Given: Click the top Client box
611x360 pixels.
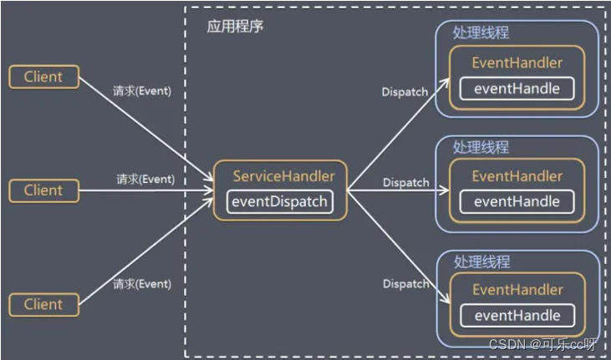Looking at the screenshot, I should pos(43,77).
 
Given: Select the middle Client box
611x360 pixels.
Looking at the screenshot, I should pos(43,190).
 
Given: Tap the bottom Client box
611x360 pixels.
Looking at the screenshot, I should pos(43,303).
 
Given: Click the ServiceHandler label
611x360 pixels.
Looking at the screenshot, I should pos(283,176).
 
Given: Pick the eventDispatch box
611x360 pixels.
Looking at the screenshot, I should pos(279,201).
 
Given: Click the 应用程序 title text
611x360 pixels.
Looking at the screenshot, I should pos(237,26).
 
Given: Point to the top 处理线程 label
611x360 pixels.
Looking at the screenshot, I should pos(481,33).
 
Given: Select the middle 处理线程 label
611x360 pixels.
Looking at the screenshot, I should pos(481,147).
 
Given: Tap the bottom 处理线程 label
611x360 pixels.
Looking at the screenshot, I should pos(481,261).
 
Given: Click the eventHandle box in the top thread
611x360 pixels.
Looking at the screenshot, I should pos(517,88).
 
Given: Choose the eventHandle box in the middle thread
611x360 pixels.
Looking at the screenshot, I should pos(517,201).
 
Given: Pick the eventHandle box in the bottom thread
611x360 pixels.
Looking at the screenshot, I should pos(517,316).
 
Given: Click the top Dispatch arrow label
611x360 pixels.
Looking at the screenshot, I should pos(405,92).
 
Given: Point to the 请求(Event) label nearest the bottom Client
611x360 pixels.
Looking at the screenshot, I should pos(143,284).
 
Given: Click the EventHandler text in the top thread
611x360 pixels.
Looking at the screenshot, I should pos(517,63).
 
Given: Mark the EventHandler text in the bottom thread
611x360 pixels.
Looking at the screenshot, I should pos(517,290).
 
